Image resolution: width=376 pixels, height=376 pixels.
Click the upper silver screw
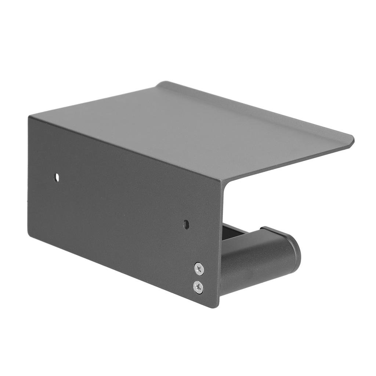(x=199, y=269)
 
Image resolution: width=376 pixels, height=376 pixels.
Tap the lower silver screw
(x=198, y=286)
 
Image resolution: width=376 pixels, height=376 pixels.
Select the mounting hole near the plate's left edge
(x=57, y=177)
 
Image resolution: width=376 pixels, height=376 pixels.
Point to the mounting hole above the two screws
(x=186, y=224)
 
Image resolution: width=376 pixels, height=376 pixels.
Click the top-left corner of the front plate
(x=29, y=117)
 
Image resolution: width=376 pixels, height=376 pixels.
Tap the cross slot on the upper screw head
(x=199, y=269)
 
